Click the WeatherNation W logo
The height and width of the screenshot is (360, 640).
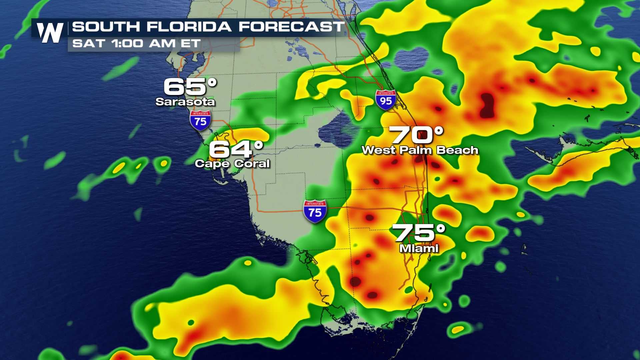[50, 33]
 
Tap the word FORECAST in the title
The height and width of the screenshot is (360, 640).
[291, 27]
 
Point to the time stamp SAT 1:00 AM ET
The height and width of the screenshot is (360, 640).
[137, 43]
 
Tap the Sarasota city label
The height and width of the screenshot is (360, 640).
[185, 101]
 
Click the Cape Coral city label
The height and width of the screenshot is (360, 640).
[232, 163]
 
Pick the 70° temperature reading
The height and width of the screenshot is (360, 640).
[417, 135]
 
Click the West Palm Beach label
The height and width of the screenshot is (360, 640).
[420, 150]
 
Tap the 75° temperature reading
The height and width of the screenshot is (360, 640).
[419, 233]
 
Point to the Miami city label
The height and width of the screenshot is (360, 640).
[419, 248]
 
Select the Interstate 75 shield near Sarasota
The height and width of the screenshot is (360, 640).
[200, 120]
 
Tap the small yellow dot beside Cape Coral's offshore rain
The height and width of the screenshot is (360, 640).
[164, 163]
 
